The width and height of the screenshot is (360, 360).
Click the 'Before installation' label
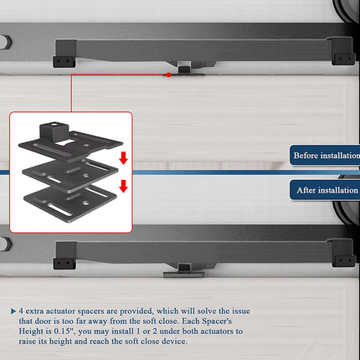pos(326,156)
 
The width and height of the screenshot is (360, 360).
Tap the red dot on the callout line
pos(169,75)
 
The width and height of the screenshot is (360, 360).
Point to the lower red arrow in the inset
pos(123,186)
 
